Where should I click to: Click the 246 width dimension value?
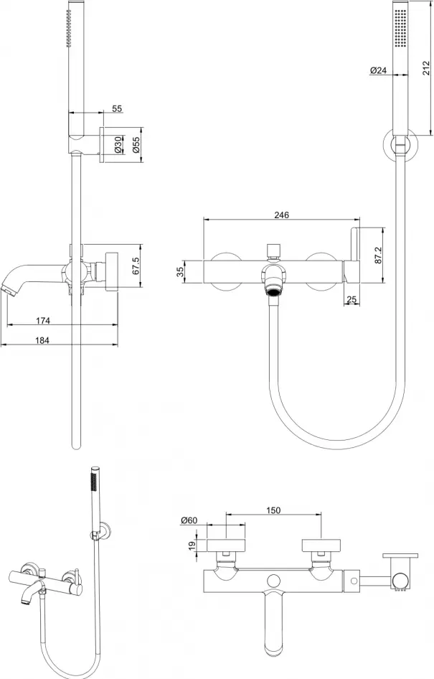[281, 215]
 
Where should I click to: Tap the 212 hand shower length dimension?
[426, 68]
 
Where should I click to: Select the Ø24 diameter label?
[379, 70]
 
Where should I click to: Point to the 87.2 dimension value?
[378, 256]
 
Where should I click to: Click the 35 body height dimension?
[181, 271]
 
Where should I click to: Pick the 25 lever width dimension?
[352, 299]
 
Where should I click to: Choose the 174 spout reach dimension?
[43, 320]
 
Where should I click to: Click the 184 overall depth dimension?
[42, 340]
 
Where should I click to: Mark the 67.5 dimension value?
[136, 266]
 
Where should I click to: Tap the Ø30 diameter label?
[118, 145]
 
